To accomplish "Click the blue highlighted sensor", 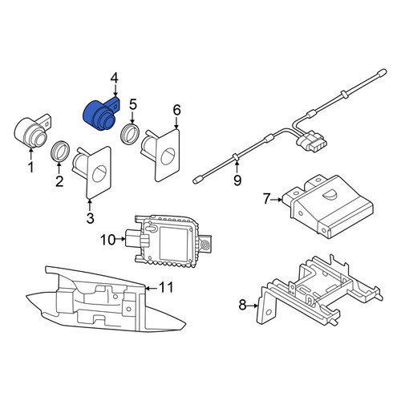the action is coord(99,115).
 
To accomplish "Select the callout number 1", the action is coord(31,168).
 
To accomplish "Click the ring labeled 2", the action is coord(60,151).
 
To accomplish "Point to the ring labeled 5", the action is coord(130,134).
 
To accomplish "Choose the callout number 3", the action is coord(91,218).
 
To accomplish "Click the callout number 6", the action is coord(177,110).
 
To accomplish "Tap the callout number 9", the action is coord(237,180).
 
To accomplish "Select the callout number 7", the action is coord(267,199).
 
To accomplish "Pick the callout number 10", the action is coord(108,240).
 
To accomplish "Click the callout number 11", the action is coord(166,288).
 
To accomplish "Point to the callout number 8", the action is coord(242,305).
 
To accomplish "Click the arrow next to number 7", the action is coord(277,200).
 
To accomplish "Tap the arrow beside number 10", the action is coord(121,238).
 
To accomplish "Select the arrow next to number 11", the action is coord(151,288).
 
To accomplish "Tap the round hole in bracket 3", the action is coord(99,173).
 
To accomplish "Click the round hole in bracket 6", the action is coord(168,156).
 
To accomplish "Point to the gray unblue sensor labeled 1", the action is coord(32,131).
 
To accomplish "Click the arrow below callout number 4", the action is coord(115,90).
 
